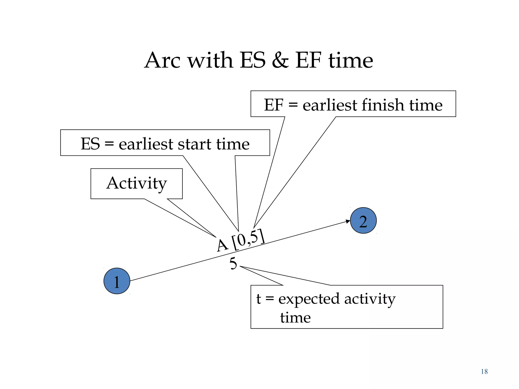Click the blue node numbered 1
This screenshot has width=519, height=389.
click(x=117, y=281)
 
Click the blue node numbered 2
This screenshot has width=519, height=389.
click(x=363, y=221)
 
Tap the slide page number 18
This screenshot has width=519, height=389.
click(x=484, y=372)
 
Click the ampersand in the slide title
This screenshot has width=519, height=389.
click(x=280, y=61)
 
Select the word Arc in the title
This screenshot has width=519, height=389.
click(x=162, y=61)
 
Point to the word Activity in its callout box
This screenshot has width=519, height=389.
click(x=137, y=183)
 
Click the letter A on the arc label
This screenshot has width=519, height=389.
click(x=222, y=245)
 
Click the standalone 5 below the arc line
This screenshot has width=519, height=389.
click(x=233, y=264)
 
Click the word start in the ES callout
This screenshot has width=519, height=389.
click(x=195, y=144)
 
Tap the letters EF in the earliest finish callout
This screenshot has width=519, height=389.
click(x=273, y=105)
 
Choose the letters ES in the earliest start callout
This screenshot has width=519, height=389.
click(x=90, y=144)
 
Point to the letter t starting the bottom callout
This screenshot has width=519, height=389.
click(x=258, y=299)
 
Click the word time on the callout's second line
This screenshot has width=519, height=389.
click(x=295, y=318)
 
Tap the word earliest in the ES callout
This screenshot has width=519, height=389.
click(x=146, y=144)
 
